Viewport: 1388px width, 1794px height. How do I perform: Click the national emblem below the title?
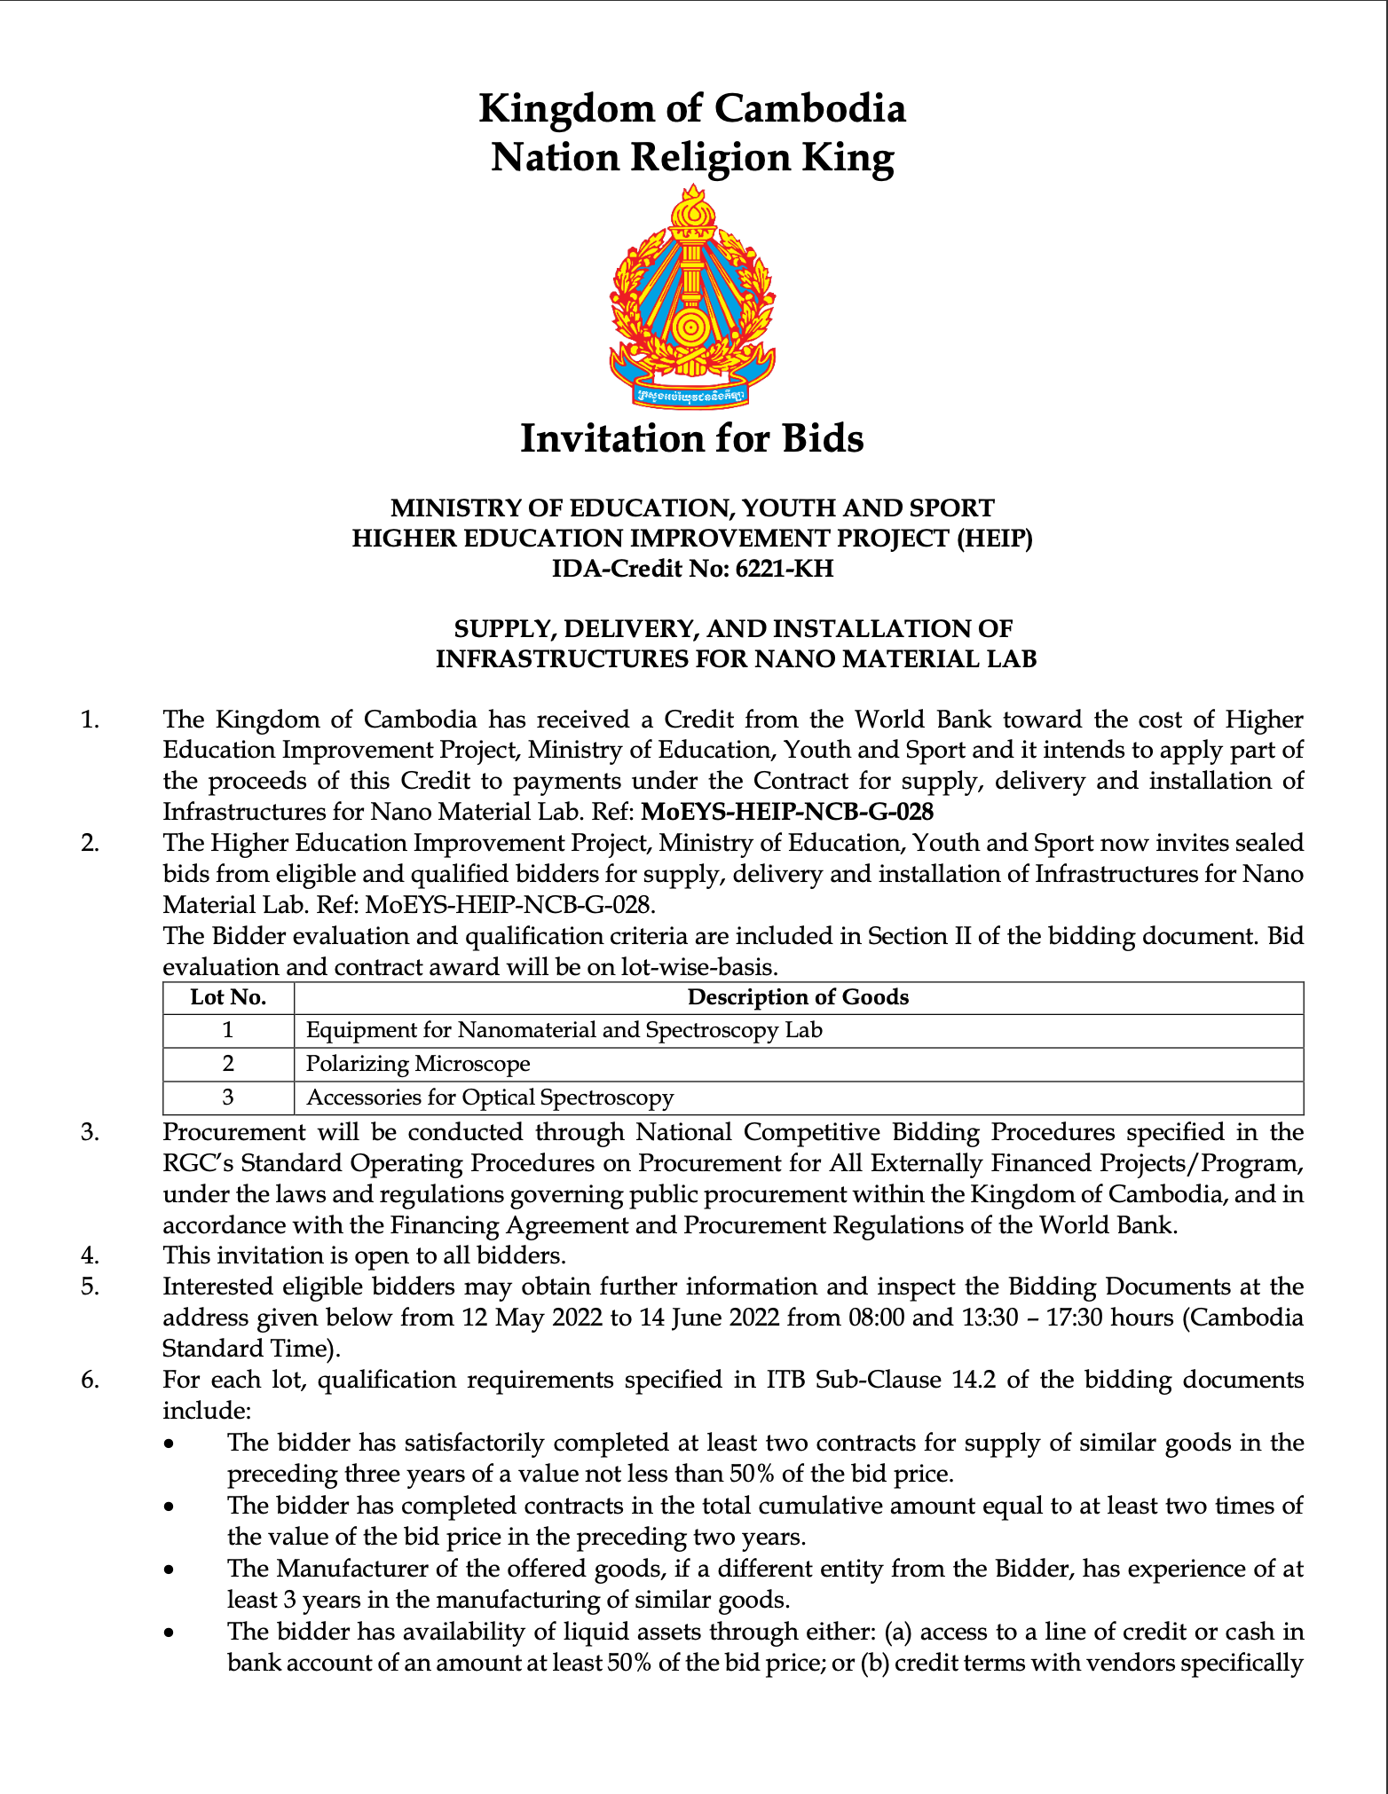(x=692, y=297)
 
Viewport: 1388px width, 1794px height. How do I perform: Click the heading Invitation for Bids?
(x=692, y=438)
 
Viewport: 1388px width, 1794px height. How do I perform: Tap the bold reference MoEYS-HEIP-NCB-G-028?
(x=787, y=812)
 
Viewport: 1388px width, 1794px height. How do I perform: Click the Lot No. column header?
(x=228, y=998)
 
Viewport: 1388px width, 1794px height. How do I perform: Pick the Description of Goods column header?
(x=798, y=998)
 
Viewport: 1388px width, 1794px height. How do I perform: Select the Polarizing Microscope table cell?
(x=418, y=1064)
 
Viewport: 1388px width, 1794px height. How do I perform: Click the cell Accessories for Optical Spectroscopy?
(x=490, y=1098)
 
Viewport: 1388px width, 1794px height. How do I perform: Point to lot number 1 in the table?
(x=228, y=1031)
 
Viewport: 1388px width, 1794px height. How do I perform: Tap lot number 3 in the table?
(x=228, y=1098)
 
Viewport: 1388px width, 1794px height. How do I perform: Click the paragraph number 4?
(x=90, y=1256)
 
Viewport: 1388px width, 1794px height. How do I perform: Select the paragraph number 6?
(x=90, y=1381)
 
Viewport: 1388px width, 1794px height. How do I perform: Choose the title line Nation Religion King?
(x=692, y=158)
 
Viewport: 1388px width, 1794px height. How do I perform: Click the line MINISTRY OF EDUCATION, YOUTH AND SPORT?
(x=692, y=508)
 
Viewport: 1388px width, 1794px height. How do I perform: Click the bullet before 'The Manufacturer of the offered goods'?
(x=170, y=1570)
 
